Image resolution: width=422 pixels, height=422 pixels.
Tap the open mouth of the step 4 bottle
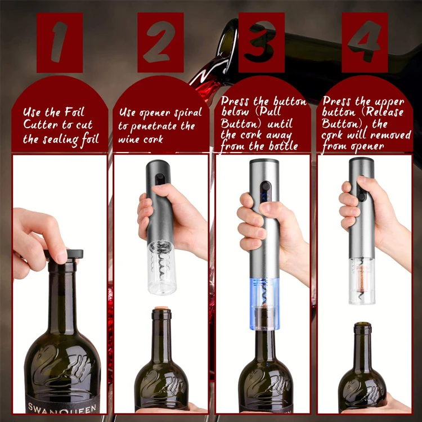point(362,325)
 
